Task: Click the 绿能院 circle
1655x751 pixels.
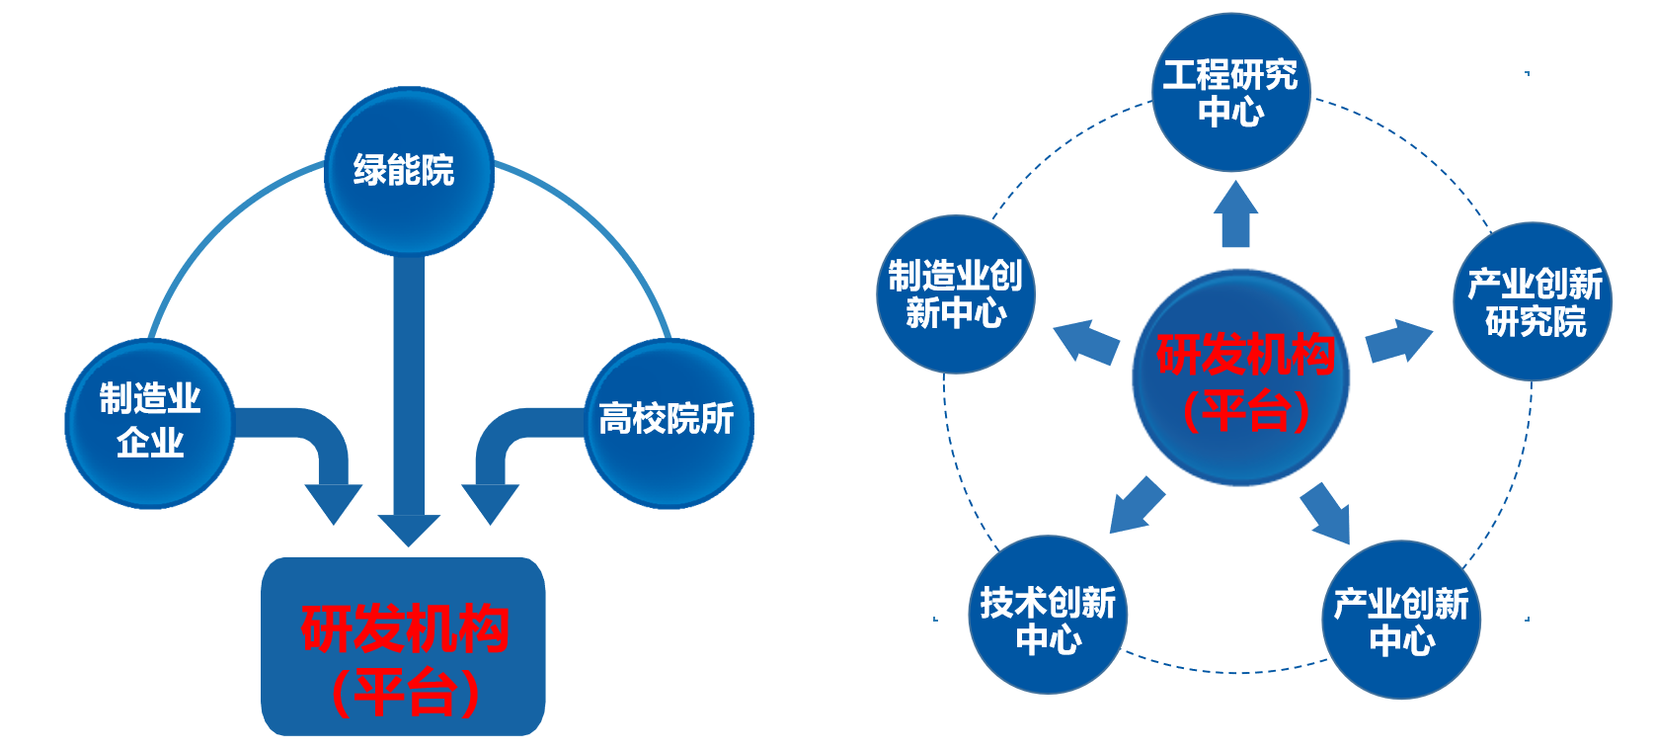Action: [x=408, y=171]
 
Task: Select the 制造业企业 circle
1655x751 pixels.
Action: [x=149, y=423]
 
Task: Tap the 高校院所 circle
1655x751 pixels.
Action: [x=668, y=423]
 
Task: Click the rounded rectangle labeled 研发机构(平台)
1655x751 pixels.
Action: [x=403, y=647]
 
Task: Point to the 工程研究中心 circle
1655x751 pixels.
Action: [x=1230, y=93]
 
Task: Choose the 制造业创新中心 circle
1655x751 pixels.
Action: [x=955, y=294]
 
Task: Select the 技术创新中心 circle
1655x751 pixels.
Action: [x=1047, y=616]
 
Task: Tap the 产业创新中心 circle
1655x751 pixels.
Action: [x=1400, y=620]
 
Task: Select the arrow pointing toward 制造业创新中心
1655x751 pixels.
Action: [x=1085, y=341]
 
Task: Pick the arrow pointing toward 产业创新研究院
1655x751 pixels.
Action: [x=1398, y=342]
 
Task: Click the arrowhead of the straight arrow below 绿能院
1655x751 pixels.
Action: [x=408, y=529]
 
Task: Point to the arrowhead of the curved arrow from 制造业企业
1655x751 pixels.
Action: [x=333, y=502]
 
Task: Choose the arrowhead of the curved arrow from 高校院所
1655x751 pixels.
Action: [x=490, y=502]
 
